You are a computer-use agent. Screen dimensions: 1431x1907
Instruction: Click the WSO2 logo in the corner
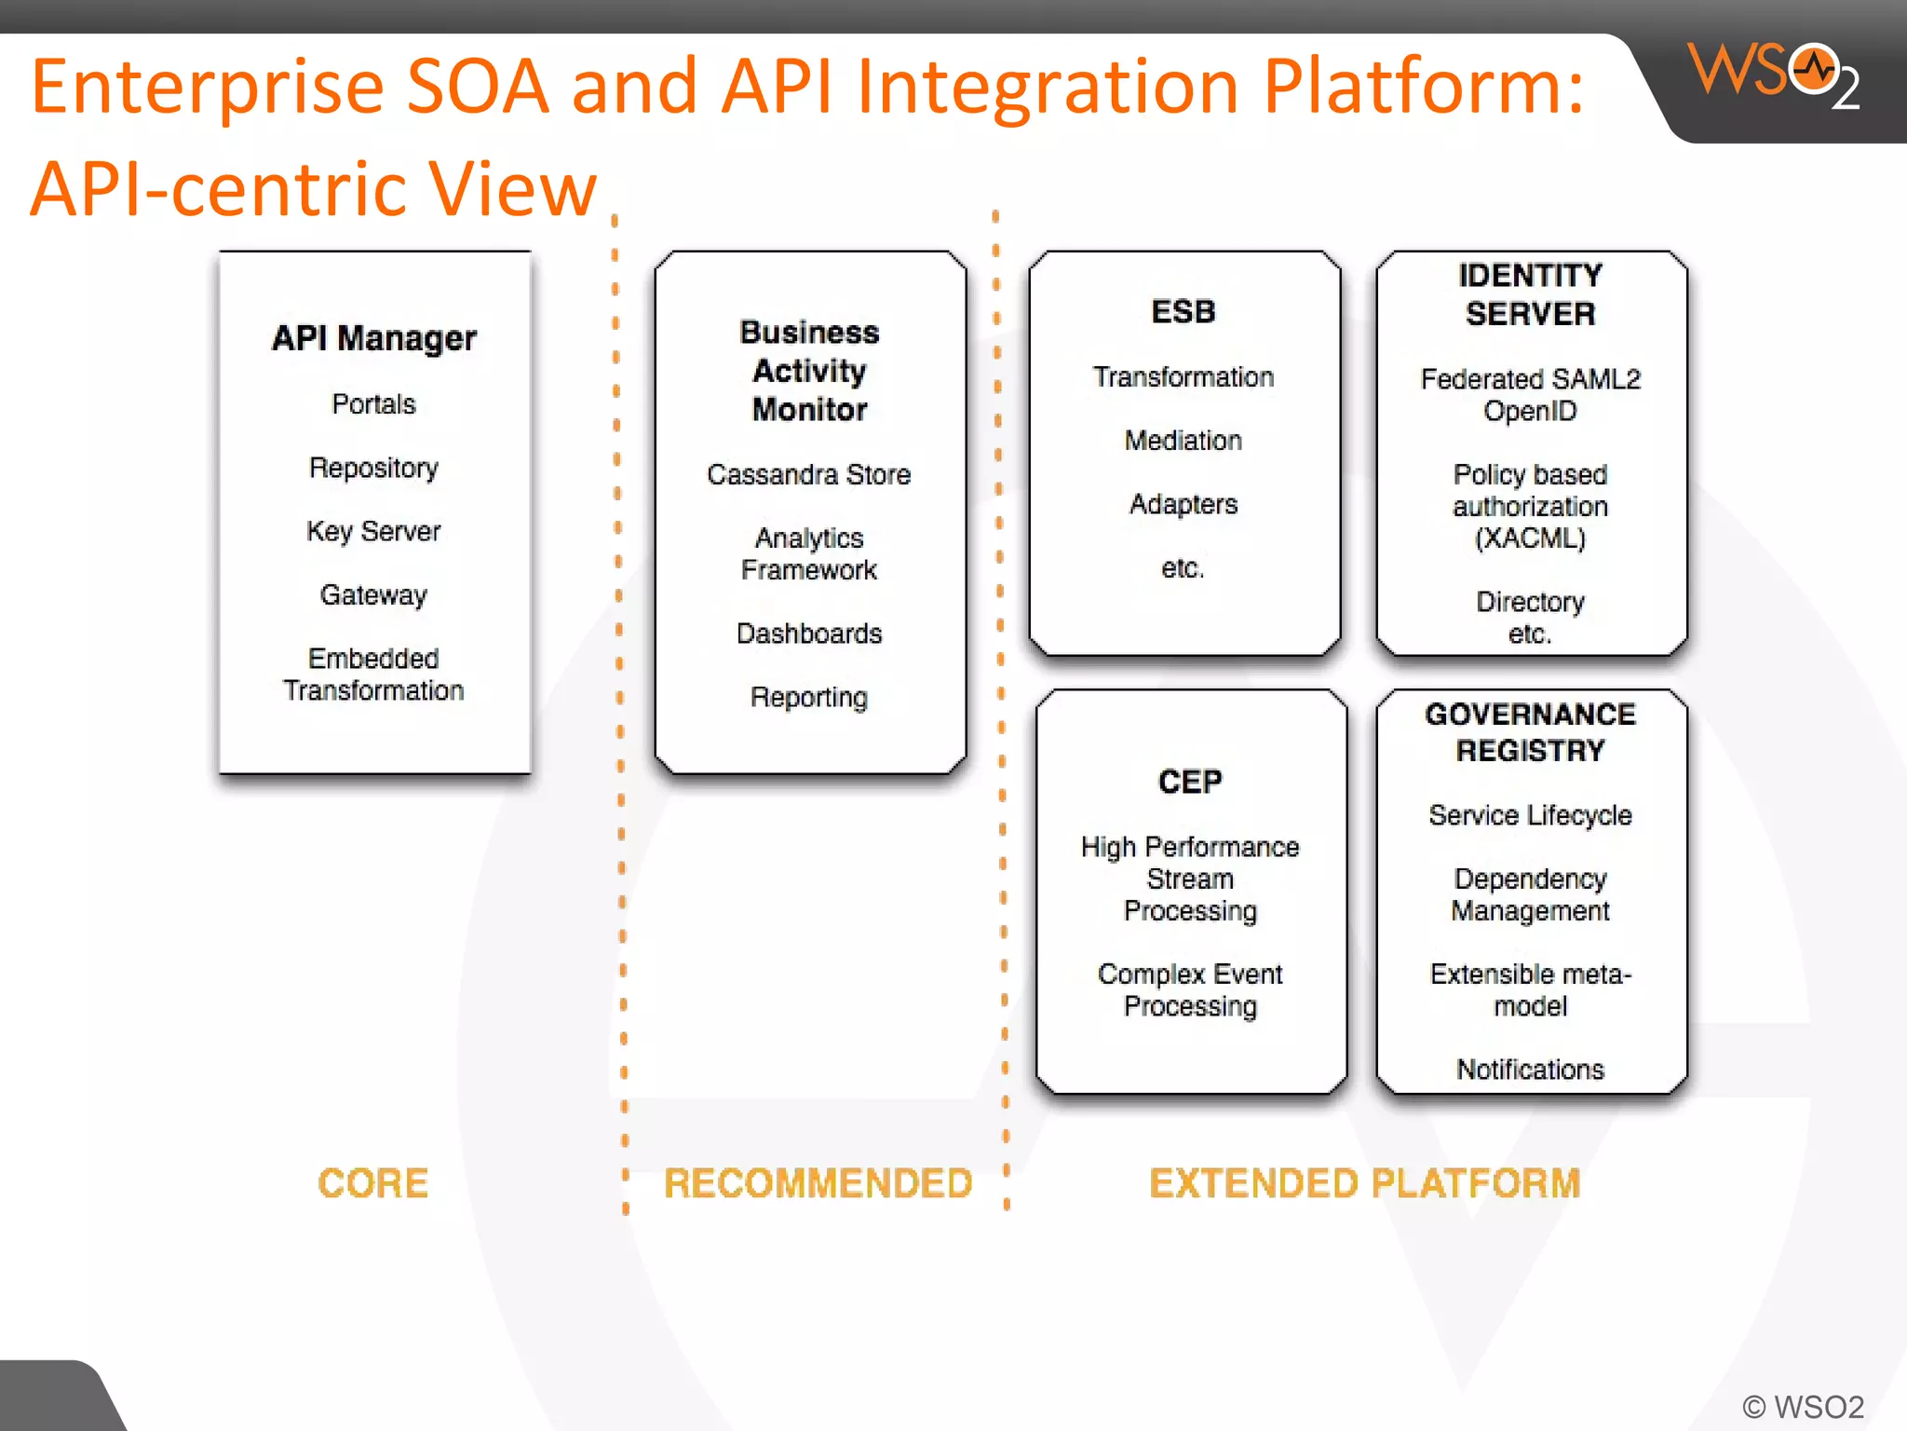[1773, 75]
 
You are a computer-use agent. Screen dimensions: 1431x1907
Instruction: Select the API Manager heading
[374, 338]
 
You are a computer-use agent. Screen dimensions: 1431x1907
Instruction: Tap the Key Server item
[373, 531]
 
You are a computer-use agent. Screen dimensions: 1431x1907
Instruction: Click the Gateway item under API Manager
[373, 594]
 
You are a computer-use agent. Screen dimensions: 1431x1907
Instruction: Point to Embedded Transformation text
[373, 675]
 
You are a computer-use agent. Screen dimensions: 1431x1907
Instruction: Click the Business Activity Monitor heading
[809, 371]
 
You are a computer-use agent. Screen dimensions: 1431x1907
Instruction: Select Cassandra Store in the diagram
[808, 475]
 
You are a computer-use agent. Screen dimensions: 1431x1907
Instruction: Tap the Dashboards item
[808, 634]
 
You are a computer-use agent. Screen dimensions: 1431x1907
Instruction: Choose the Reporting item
[808, 697]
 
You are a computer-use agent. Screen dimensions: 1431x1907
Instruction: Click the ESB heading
[1183, 311]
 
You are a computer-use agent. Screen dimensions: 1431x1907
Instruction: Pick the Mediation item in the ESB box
[1183, 440]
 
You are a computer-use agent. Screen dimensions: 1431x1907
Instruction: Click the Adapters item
[1183, 504]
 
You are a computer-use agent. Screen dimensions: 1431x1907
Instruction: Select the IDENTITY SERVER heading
[1530, 294]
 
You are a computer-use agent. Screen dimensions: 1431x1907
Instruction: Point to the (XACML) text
[1530, 538]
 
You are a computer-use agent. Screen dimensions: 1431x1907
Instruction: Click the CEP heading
[1190, 781]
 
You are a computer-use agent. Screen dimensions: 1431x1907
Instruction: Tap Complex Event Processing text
[1190, 989]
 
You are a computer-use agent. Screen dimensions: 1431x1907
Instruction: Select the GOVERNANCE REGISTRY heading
[1530, 732]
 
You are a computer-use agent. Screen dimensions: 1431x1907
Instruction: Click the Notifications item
[1530, 1070]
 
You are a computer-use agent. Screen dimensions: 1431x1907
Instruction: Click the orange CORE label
[372, 1183]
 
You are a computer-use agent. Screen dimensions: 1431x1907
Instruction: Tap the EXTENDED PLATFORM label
[1365, 1183]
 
